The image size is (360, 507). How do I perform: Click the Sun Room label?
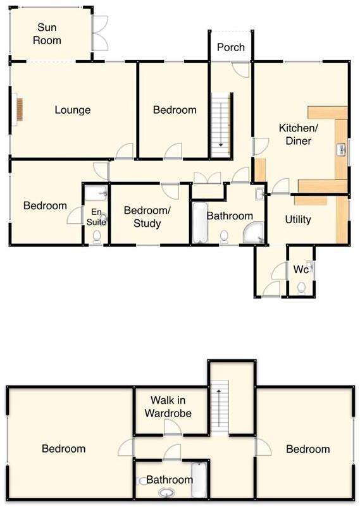click(49, 34)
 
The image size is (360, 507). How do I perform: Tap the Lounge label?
click(72, 110)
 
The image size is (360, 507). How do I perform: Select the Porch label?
click(231, 47)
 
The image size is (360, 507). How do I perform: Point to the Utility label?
click(297, 220)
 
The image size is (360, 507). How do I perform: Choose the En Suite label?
click(97, 217)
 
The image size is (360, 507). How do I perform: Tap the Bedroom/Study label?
click(142, 217)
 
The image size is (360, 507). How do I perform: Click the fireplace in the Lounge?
click(19, 109)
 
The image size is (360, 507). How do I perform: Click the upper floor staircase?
click(219, 405)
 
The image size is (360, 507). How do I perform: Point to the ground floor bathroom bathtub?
click(199, 223)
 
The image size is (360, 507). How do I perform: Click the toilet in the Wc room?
click(301, 288)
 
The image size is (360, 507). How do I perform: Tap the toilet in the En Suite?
click(96, 237)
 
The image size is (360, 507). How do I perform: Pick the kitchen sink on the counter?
click(341, 149)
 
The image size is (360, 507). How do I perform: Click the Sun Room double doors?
click(100, 33)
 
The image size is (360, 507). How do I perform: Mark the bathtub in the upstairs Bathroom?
click(199, 480)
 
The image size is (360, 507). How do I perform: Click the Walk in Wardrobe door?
click(173, 427)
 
